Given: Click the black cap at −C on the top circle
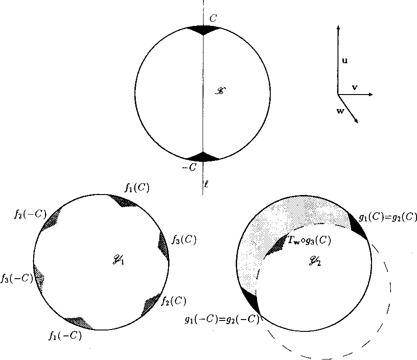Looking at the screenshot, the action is [x=203, y=157].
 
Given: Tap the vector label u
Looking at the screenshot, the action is [x=345, y=60].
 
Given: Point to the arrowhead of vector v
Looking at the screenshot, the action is [x=371, y=94].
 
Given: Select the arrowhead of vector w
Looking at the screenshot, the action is [x=356, y=120].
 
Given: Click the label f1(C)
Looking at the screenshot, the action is [x=137, y=188].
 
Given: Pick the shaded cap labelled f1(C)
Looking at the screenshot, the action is [x=123, y=200].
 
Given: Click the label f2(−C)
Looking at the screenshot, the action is [x=30, y=214].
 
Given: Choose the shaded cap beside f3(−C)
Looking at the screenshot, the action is [x=39, y=278].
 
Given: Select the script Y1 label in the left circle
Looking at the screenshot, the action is [x=119, y=260].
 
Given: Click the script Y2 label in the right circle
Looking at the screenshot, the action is [x=315, y=261].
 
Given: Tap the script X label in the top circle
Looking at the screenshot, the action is [x=220, y=91].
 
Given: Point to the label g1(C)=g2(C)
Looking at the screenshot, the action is [x=388, y=217].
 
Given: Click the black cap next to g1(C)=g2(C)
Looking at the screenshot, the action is [x=357, y=226].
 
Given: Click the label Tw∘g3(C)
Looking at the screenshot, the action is [x=309, y=240].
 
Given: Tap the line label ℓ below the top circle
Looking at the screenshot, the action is [x=206, y=184].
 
